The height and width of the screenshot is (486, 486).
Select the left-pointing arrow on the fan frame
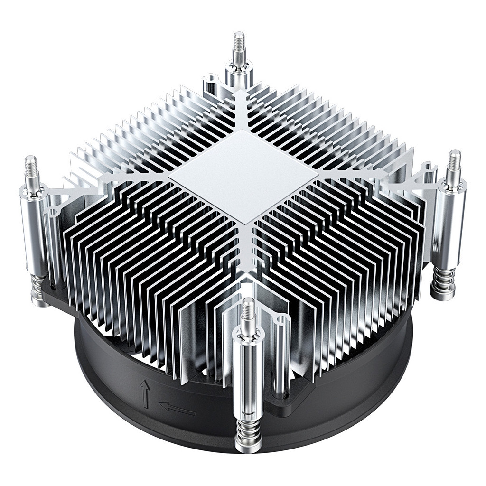click(177, 407)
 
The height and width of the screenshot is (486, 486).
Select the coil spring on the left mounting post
click(40, 290)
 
